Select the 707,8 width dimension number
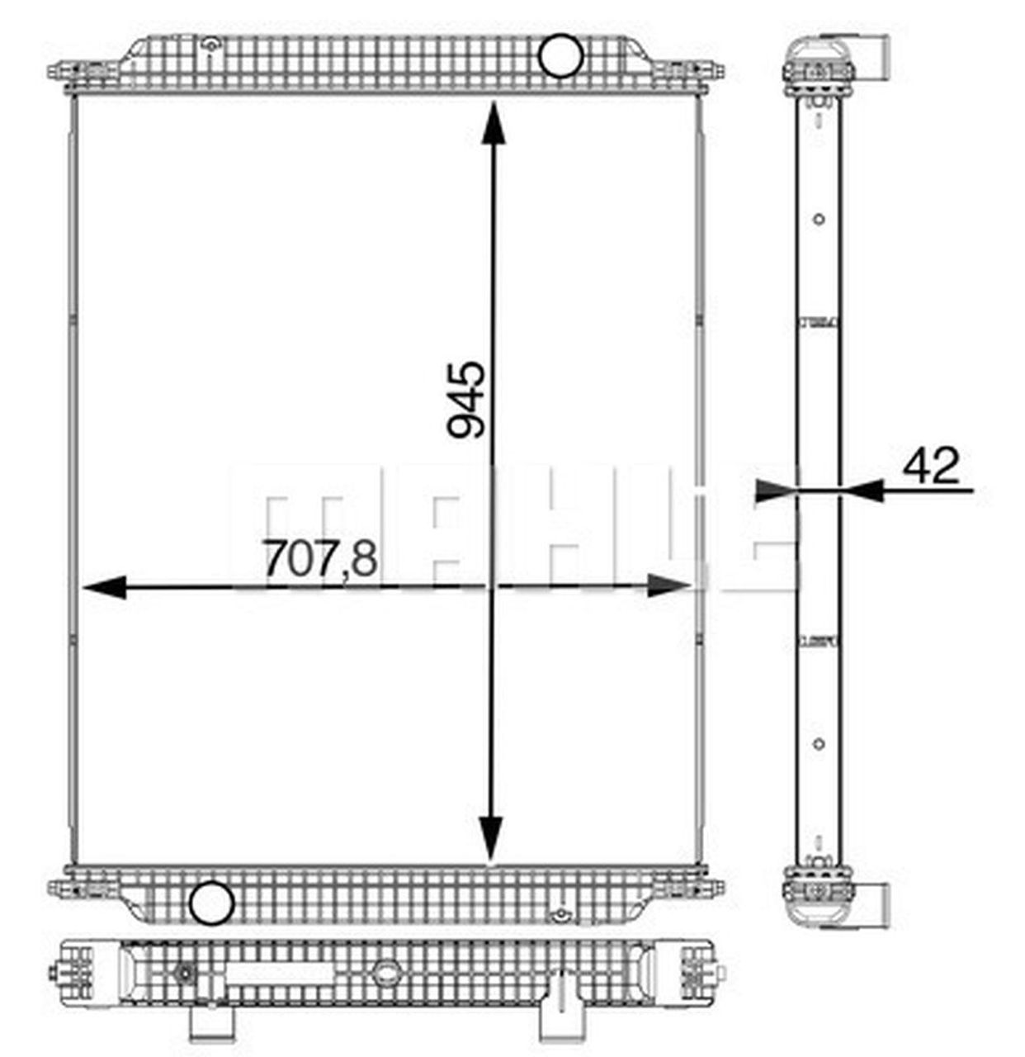point(320,559)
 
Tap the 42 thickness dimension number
point(931,467)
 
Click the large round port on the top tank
point(560,55)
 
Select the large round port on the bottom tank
point(211,903)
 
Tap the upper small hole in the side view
point(819,220)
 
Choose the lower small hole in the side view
point(819,744)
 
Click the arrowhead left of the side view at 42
point(777,491)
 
